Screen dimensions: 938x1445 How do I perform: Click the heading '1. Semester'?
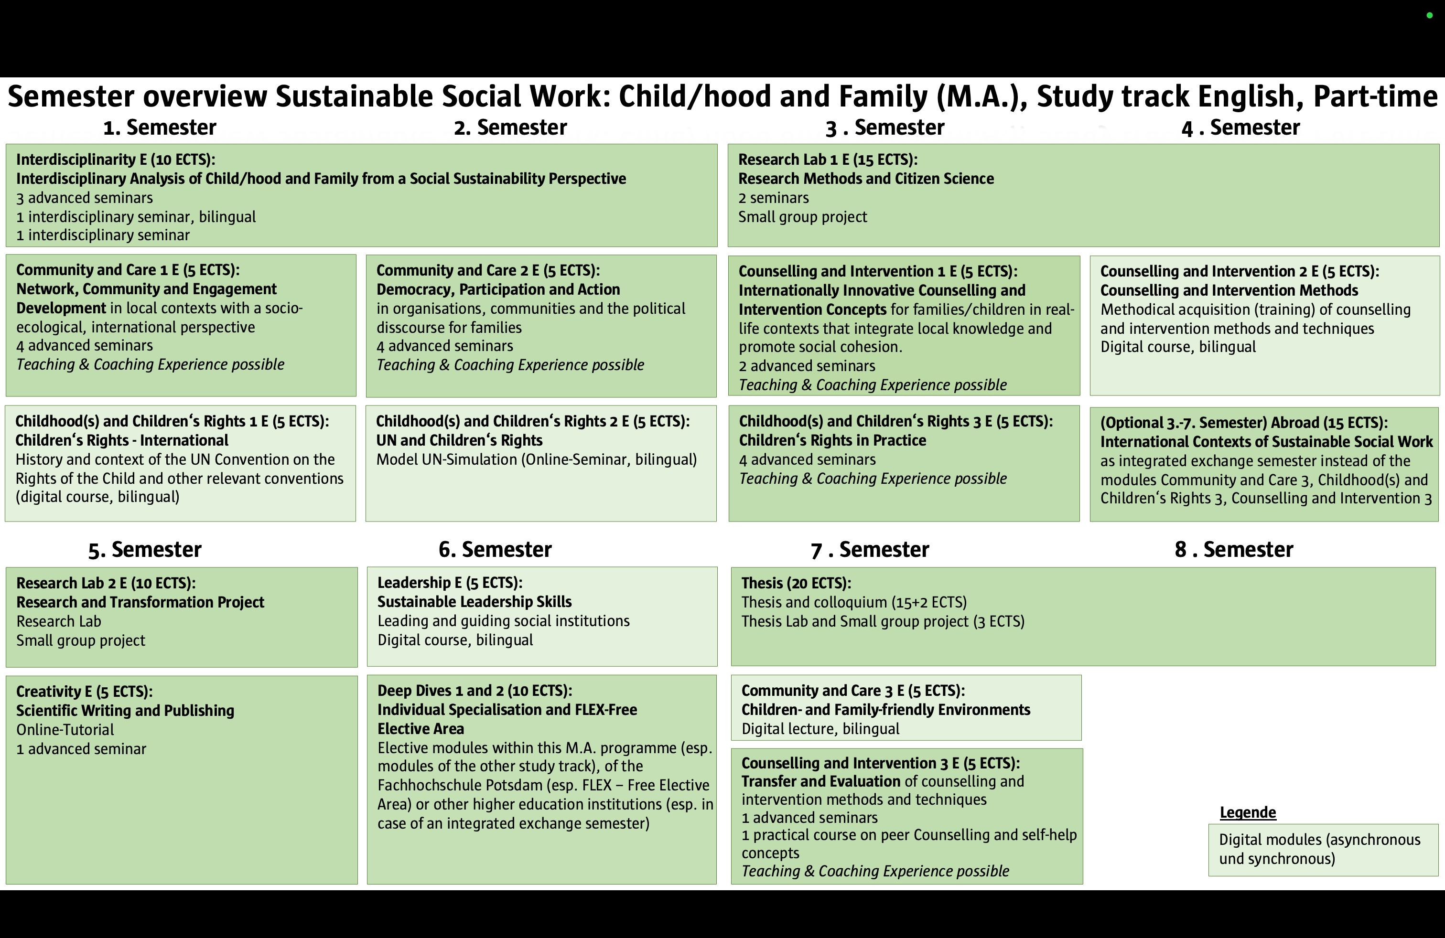coord(160,128)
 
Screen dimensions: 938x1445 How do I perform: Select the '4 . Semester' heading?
coord(1240,128)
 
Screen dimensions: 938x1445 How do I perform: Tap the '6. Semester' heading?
coord(495,549)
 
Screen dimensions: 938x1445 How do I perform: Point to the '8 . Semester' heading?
coord(1234,549)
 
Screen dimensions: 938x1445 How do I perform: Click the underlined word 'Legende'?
coord(1248,812)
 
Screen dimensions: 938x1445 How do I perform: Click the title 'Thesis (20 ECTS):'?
coord(796,583)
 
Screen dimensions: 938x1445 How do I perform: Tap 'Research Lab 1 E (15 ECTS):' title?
coord(828,160)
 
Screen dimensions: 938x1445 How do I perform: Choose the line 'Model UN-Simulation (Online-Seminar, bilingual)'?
coord(536,459)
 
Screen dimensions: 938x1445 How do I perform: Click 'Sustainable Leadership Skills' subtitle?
coord(474,602)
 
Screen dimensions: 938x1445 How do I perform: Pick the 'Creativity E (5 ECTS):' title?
coord(85,691)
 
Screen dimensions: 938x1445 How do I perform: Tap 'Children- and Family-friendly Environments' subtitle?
coord(885,709)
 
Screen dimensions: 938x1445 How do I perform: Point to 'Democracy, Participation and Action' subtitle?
coord(498,289)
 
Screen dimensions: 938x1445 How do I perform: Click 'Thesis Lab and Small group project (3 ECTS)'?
coord(882,621)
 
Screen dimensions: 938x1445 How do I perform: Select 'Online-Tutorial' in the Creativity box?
coord(65,729)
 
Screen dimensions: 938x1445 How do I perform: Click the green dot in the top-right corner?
coord(1429,15)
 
